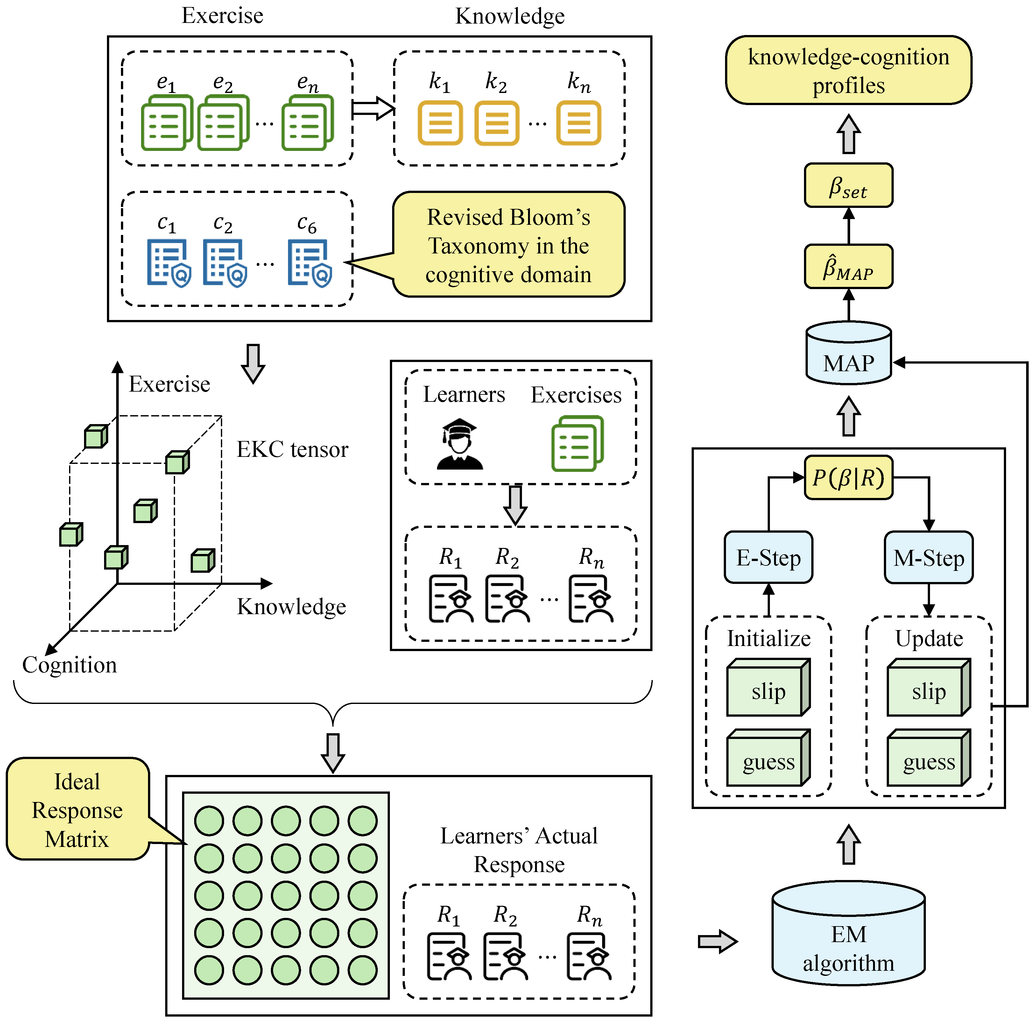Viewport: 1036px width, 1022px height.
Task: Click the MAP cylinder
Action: (849, 353)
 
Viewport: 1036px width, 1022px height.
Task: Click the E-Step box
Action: (768, 557)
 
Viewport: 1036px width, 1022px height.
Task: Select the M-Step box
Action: (929, 557)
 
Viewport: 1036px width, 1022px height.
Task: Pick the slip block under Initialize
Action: (768, 688)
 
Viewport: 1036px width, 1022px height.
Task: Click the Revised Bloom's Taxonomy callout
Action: (508, 245)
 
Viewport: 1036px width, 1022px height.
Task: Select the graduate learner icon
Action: (460, 444)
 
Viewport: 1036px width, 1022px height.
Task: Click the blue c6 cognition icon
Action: (310, 263)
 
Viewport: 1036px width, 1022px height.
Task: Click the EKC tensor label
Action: (292, 450)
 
